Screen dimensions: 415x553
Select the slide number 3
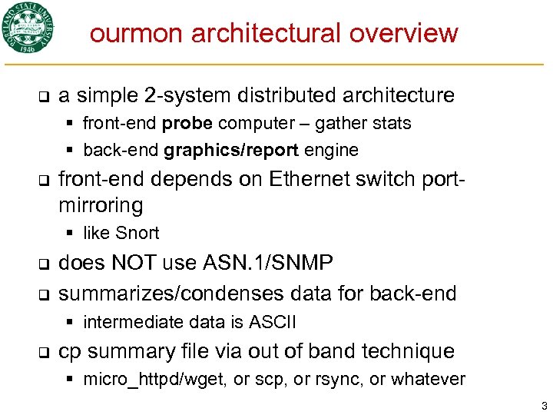coord(543,404)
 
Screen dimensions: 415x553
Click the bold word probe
coord(187,124)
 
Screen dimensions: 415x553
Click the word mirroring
coord(101,206)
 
